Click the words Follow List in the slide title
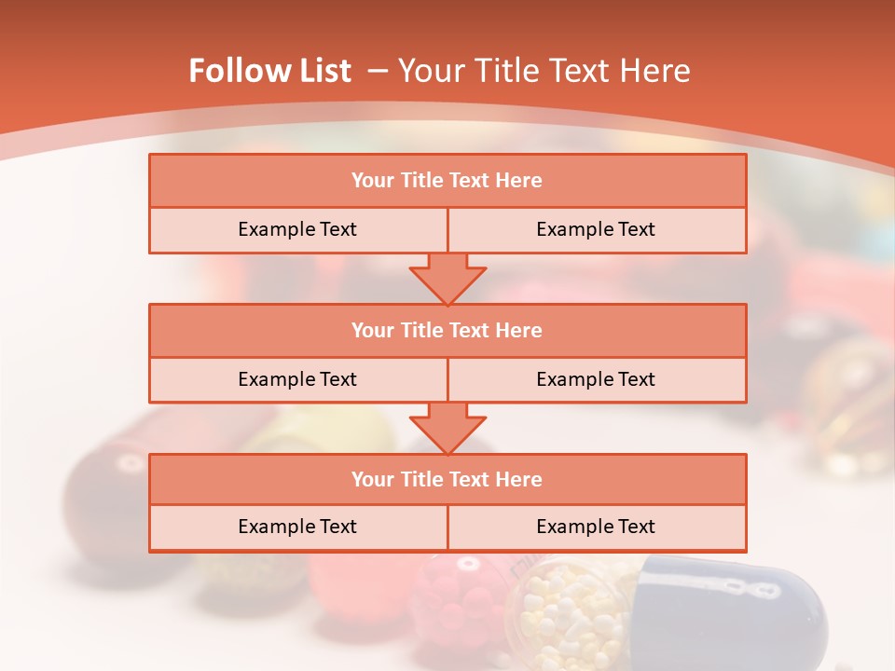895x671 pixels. (269, 71)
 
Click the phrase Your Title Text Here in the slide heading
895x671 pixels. (544, 71)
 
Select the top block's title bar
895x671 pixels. (447, 181)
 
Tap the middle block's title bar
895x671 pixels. (447, 330)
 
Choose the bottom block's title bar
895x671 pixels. (447, 479)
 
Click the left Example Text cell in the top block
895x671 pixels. (297, 230)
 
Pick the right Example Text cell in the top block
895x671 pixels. (597, 230)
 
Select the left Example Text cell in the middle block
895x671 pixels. (297, 379)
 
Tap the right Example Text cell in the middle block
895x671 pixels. (597, 379)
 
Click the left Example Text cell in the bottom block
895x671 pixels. (297, 527)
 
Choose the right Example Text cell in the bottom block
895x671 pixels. (597, 527)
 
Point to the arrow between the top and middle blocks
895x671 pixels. (447, 278)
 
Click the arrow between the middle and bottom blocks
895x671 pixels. (447, 428)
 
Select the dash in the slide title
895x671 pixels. (378, 71)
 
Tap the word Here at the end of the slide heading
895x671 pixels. (658, 71)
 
